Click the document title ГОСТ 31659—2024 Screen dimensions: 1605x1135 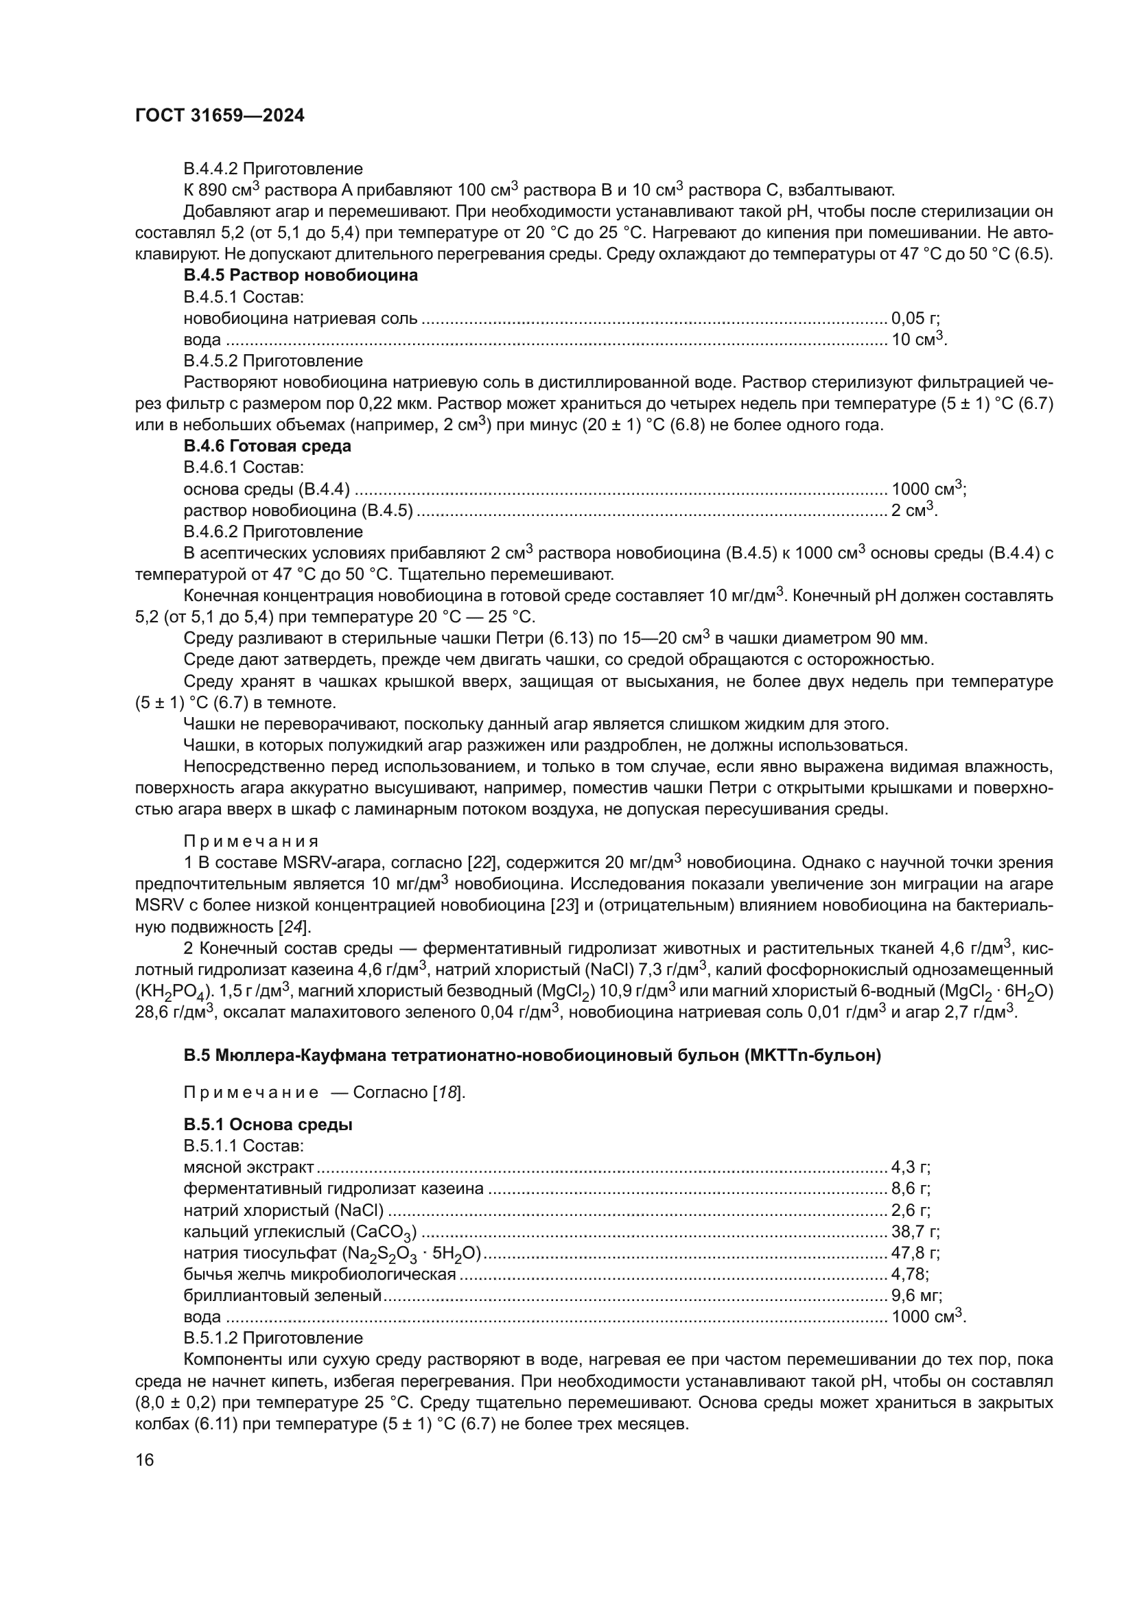coord(220,116)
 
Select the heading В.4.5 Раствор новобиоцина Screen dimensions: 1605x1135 coord(301,275)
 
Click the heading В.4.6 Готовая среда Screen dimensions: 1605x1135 coord(267,446)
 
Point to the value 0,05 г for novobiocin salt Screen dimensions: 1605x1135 coord(915,319)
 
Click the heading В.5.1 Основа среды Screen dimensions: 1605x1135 coord(268,1125)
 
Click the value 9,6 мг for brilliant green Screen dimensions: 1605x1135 coord(916,1296)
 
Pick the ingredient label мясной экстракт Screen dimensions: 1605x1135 coord(249,1167)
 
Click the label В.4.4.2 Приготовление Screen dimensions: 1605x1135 coord(272,169)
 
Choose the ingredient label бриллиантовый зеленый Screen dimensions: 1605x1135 coord(282,1296)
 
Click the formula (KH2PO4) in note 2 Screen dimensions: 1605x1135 coord(171,993)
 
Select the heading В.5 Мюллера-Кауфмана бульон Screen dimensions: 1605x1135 coord(532,1055)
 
